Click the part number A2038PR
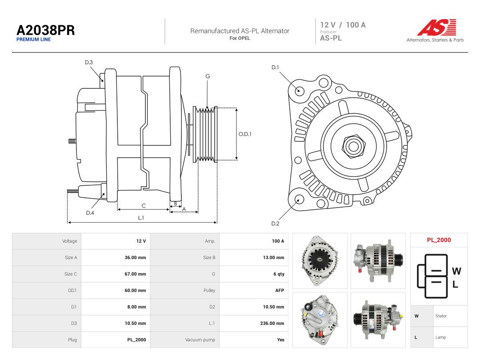click(x=46, y=30)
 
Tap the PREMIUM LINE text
click(x=34, y=40)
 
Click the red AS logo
click(x=436, y=27)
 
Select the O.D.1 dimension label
click(x=245, y=134)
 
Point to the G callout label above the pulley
click(x=208, y=76)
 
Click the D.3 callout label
click(x=89, y=63)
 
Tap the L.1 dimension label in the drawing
click(x=141, y=218)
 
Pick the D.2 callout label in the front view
click(x=275, y=224)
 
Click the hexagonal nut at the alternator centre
click(x=354, y=146)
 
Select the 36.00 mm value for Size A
click(x=135, y=257)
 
